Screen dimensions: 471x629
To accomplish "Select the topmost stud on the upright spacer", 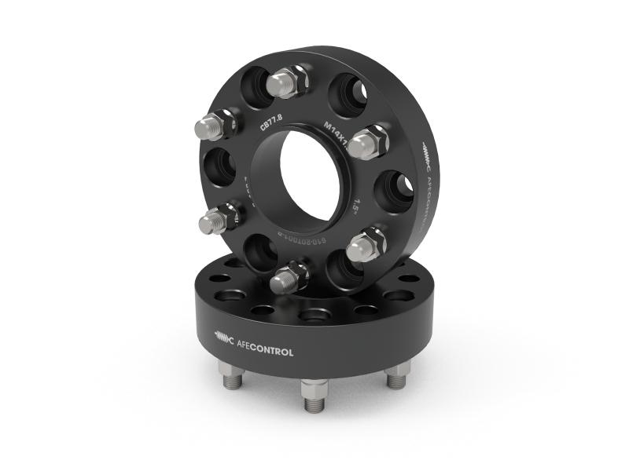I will pos(286,82).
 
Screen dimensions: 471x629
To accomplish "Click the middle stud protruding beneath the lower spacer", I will pos(314,396).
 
